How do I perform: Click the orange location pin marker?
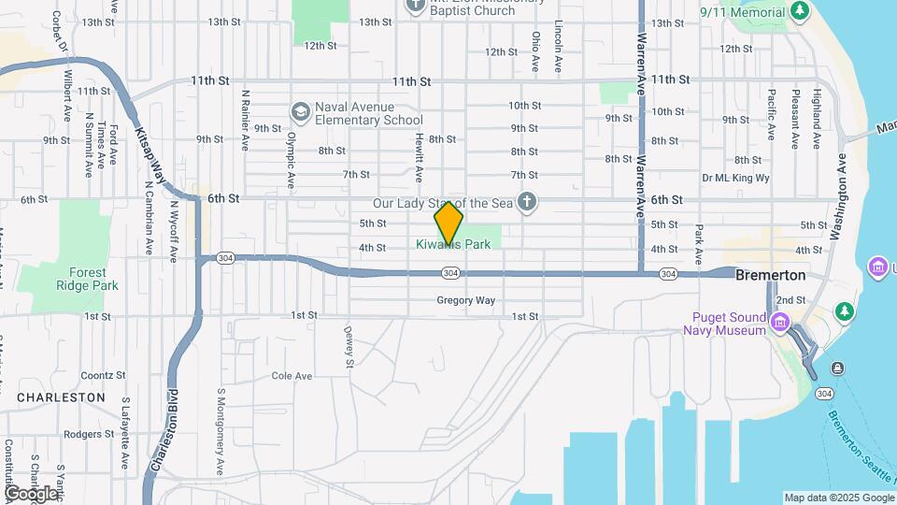coord(448,224)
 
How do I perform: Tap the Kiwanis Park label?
coord(454,245)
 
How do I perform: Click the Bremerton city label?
coord(770,276)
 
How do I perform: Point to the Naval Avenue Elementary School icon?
coord(300,112)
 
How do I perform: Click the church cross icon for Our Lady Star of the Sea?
coord(527,202)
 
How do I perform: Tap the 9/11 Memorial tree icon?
coord(799,10)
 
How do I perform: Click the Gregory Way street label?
coord(465,300)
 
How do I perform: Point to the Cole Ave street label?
coord(292,376)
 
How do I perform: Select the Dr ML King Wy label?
coord(735,178)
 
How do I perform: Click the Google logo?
coord(30,493)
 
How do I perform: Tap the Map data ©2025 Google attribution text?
coord(838,498)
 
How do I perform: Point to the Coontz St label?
coord(103,375)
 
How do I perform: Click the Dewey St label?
coord(349,346)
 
